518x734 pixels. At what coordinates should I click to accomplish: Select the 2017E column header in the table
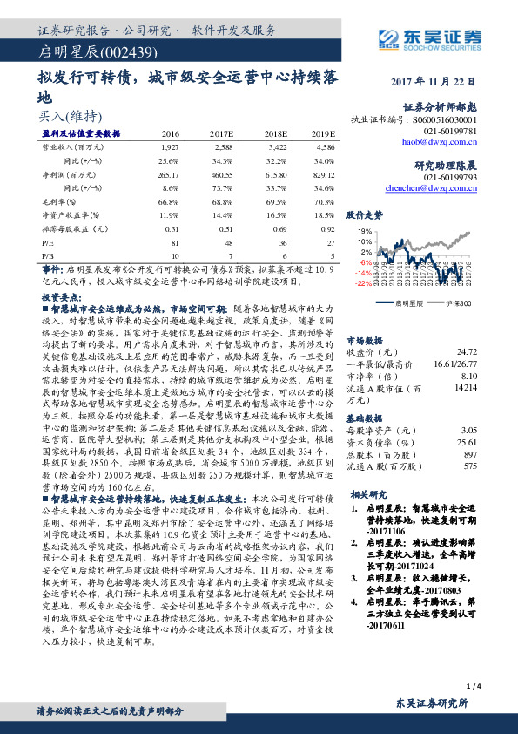223,133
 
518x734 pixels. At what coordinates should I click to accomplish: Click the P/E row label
49,243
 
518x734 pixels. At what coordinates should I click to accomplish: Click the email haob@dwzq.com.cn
446,139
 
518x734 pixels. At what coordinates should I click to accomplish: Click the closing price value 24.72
468,351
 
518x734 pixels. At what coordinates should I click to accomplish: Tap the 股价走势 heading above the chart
365,213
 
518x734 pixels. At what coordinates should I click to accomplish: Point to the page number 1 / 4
474,689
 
